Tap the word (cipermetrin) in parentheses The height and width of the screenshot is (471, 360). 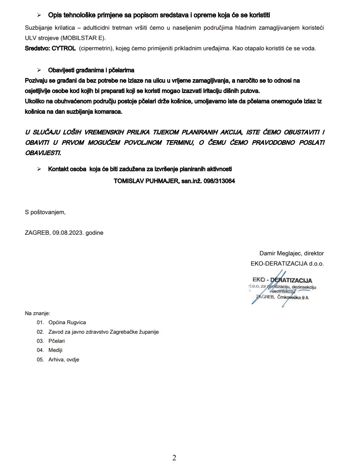pos(97,48)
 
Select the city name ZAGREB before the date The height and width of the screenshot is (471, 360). pos(37,233)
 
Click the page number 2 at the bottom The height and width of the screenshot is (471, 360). pos(174,458)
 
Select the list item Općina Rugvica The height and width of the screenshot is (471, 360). pos(67,323)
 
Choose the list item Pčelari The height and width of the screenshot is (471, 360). pos(57,341)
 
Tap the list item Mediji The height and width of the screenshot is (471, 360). pos(55,350)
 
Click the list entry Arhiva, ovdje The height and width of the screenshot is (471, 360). pos(64,360)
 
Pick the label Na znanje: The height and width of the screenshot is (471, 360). pos(38,313)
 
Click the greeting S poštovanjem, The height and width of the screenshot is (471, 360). pos(45,212)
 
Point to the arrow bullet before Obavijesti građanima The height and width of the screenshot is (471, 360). pos(39,70)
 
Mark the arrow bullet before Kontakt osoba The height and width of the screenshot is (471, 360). pos(39,169)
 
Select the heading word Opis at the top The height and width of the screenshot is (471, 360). pos(55,15)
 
